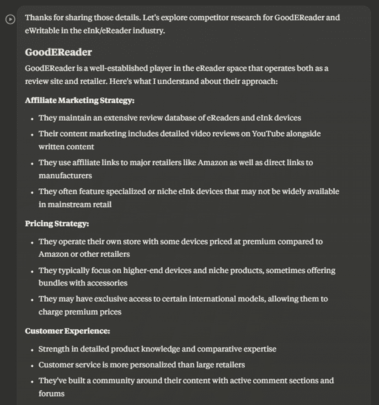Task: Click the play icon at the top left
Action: point(10,19)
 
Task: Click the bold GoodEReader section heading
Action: point(58,52)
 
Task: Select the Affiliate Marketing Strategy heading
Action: point(80,100)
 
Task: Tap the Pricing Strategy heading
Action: point(57,223)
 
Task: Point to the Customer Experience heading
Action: point(67,331)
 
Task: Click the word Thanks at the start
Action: point(39,17)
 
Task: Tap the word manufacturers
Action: point(65,175)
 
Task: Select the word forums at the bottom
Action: point(52,393)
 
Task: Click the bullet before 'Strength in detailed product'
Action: point(32,350)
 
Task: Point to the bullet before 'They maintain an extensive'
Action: point(32,118)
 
